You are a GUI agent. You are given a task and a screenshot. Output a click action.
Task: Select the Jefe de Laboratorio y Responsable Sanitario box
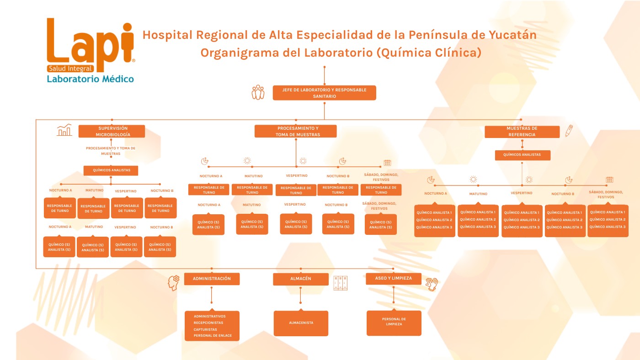[x=324, y=93]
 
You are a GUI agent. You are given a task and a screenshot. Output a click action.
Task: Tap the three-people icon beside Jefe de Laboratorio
[x=258, y=92]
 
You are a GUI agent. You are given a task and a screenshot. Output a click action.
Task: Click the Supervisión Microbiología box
[x=112, y=131]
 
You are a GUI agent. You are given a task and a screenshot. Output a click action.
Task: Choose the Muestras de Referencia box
[x=522, y=132]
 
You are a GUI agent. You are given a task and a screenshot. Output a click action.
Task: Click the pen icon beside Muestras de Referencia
[x=569, y=131]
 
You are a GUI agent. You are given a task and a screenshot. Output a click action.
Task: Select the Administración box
[x=212, y=279]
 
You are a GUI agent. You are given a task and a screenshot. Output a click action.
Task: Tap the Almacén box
[x=301, y=279]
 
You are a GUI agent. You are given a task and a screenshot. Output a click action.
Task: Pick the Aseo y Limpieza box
[x=394, y=278]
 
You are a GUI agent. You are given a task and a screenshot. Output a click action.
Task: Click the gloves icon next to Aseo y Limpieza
[x=432, y=284]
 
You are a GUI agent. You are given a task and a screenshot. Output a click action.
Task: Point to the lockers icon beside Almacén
[x=340, y=283]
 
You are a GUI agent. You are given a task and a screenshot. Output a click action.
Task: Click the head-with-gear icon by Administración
[x=174, y=283]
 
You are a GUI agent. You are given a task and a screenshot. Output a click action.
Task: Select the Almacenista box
[x=301, y=323]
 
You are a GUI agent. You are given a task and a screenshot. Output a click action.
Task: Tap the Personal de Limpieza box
[x=394, y=323]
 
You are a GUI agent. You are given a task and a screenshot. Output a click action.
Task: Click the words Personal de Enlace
[x=213, y=336]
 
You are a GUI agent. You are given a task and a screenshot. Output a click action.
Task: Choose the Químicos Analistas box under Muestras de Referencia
[x=523, y=155]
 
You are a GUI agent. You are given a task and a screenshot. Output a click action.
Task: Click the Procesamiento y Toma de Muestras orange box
[x=295, y=131]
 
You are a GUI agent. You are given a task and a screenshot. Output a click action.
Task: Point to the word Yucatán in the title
[x=512, y=35]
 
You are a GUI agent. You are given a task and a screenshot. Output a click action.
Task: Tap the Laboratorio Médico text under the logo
[x=91, y=79]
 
